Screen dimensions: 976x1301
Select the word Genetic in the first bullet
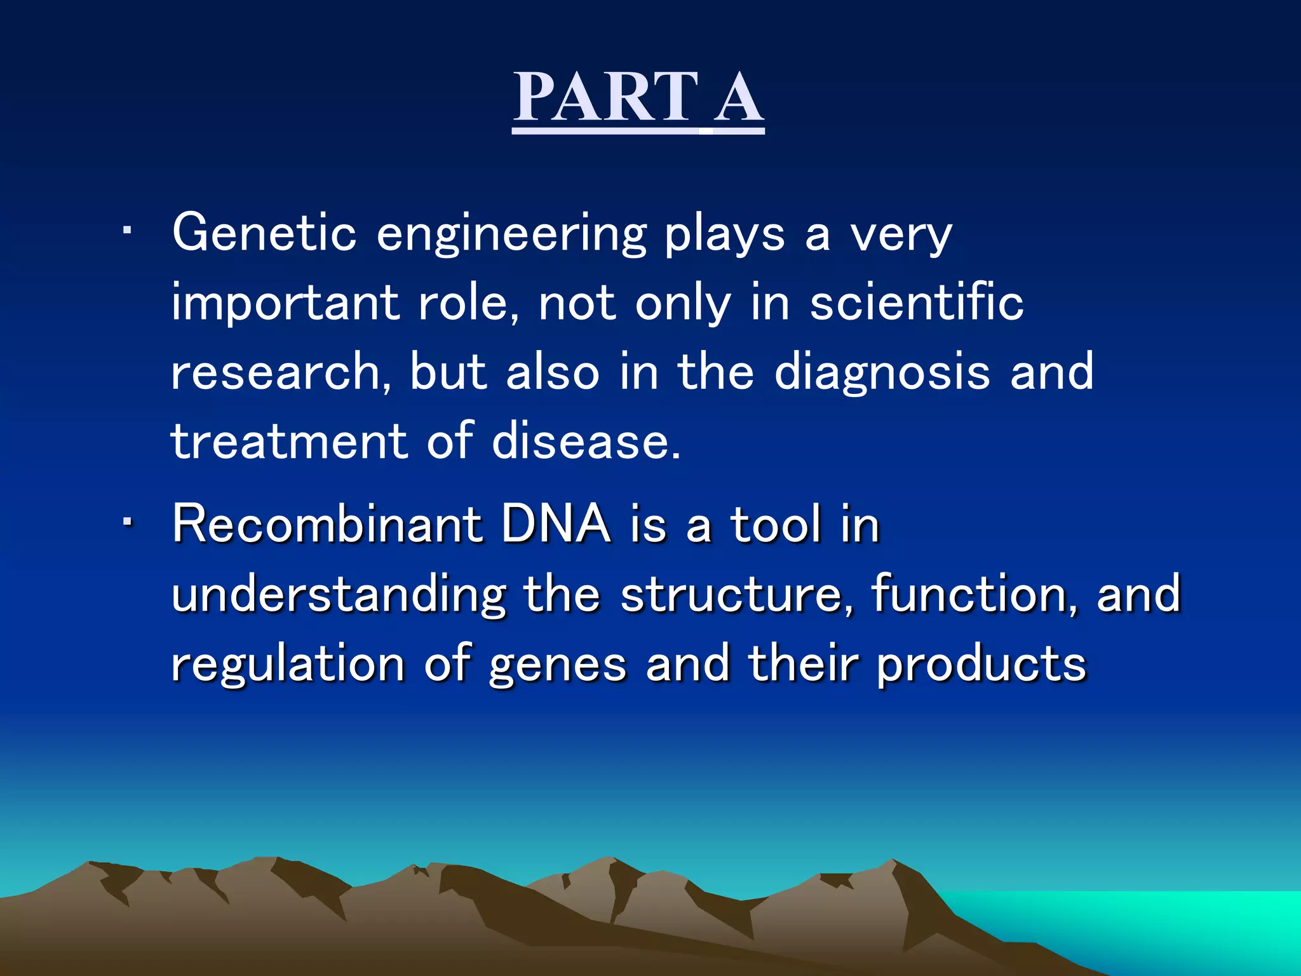[264, 233]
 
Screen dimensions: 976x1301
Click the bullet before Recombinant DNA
[127, 522]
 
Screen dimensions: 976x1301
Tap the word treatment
[289, 441]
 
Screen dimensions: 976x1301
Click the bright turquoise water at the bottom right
[1175, 921]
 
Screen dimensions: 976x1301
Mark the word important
[285, 304]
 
